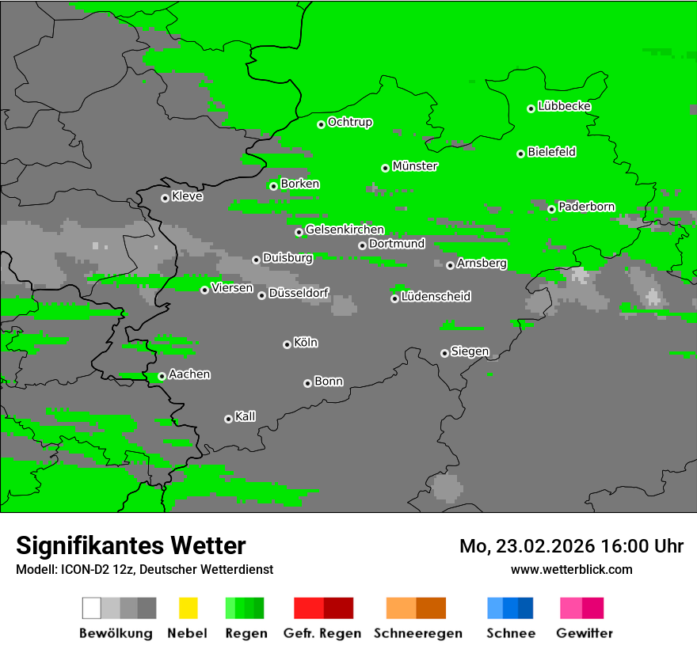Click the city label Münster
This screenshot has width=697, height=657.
[x=415, y=166]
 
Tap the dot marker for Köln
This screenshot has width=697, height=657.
[x=287, y=344]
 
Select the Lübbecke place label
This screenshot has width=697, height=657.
[x=564, y=106]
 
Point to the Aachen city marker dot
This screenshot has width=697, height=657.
[x=162, y=377]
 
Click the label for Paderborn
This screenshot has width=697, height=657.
[x=586, y=207]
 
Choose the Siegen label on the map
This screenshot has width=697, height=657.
[x=470, y=351]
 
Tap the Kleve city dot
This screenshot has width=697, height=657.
[x=165, y=198]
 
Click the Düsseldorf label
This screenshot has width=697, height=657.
[x=299, y=293]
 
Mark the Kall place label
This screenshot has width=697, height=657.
[x=246, y=416]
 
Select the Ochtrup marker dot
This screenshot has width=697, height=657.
[x=321, y=124]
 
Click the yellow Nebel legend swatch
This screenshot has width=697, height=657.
[x=188, y=608]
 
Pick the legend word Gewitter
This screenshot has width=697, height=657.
[x=585, y=633]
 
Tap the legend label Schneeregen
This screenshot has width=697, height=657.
[x=417, y=633]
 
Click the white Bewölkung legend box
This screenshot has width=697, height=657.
[x=92, y=608]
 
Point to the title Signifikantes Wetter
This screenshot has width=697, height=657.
[x=131, y=545]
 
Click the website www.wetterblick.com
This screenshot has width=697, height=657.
[x=571, y=569]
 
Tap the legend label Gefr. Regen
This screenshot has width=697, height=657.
[x=322, y=633]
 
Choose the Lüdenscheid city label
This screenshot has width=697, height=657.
[x=436, y=296]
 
